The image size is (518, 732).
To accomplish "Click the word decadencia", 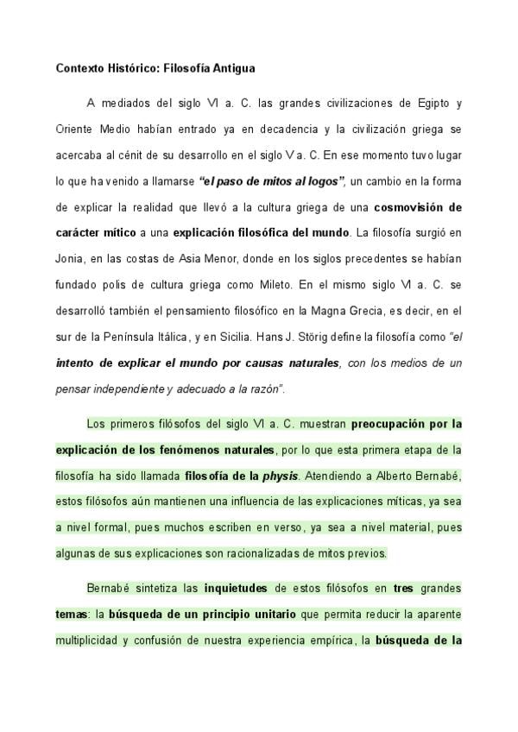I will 272,129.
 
